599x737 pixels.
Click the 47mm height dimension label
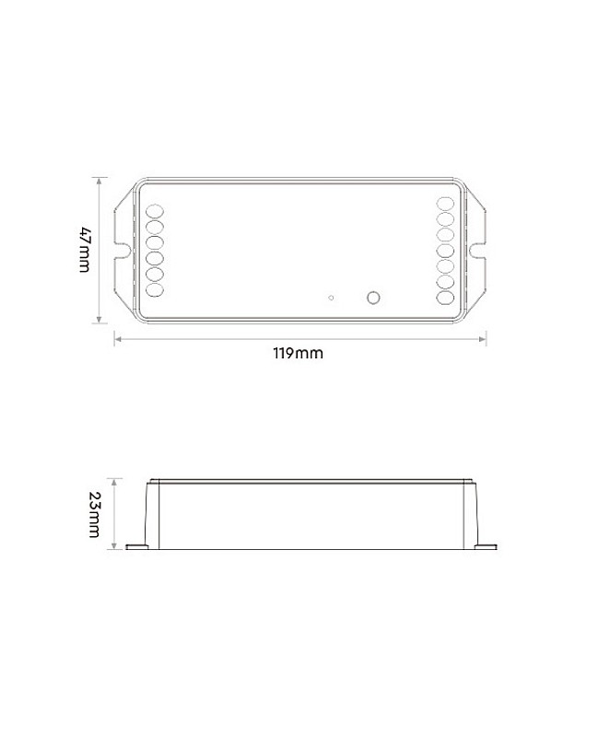[84, 250]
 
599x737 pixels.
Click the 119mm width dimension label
[298, 353]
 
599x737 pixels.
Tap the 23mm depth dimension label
[94, 514]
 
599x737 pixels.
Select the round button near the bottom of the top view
[373, 298]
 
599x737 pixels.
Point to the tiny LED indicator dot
[331, 298]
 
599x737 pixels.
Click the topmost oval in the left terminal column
[155, 212]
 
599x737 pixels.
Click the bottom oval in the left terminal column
[155, 289]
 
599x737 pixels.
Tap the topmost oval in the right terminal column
[445, 204]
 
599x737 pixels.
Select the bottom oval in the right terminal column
[445, 298]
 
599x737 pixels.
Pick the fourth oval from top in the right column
[445, 251]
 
